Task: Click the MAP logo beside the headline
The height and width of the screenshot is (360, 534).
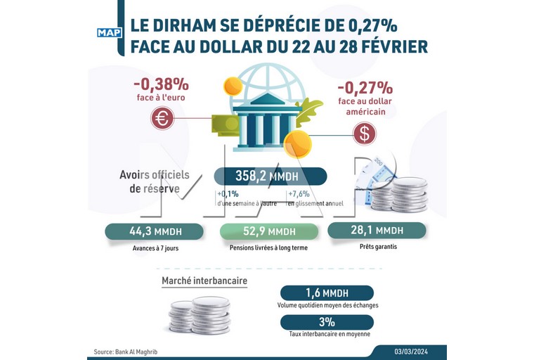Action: coord(109,32)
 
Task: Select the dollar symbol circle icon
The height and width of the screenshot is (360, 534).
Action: coord(364,133)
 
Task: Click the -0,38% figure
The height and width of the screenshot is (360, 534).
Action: coord(162,84)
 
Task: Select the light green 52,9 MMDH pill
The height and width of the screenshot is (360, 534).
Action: coord(268,231)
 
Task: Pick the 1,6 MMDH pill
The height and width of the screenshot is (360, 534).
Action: coord(326,293)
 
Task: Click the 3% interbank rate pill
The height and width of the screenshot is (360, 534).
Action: coord(326,322)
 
